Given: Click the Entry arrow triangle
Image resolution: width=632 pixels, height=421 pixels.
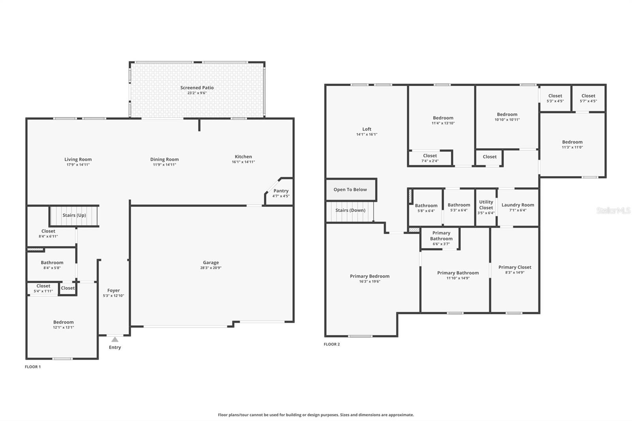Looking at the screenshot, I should coord(115,339).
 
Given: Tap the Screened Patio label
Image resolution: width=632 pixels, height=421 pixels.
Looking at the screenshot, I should coord(197,88).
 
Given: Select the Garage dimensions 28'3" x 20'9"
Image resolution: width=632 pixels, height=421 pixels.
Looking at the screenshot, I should coord(211,268).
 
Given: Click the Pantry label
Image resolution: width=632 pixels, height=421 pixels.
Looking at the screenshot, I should coord(281,191).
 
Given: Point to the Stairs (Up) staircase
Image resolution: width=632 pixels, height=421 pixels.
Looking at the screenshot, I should coord(74,215).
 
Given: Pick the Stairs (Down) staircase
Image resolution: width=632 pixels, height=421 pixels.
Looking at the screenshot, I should coord(350,210).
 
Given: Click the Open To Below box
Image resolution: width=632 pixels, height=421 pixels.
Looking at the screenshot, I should coord(350,190).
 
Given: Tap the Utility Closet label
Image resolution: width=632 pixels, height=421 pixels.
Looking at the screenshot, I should coord(486,205).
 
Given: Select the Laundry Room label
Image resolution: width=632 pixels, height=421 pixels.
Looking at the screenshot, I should coord(517,205).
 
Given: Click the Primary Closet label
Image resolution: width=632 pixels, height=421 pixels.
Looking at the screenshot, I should coord(515,267).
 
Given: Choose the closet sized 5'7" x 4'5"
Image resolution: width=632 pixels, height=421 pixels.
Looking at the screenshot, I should coord(588,98).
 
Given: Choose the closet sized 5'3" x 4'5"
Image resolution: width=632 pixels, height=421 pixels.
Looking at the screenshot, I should coord(555,98).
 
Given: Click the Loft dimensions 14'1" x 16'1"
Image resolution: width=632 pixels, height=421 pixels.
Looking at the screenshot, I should coord(367,134).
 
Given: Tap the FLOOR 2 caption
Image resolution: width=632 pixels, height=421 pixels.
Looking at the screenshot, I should coord(331,344).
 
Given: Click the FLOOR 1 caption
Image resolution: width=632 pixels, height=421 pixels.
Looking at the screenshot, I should coord(33,367).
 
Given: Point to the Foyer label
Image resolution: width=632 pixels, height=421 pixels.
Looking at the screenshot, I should coord(113,290).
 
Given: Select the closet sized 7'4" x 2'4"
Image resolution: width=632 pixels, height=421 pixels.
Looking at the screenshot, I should coord(430,158).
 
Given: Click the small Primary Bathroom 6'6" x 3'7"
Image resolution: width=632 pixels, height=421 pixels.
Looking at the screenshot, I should coord(441,238).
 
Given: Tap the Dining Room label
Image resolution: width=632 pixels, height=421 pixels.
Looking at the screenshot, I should coord(164,160).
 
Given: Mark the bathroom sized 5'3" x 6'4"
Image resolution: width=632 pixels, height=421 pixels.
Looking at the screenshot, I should coord(459,207).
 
